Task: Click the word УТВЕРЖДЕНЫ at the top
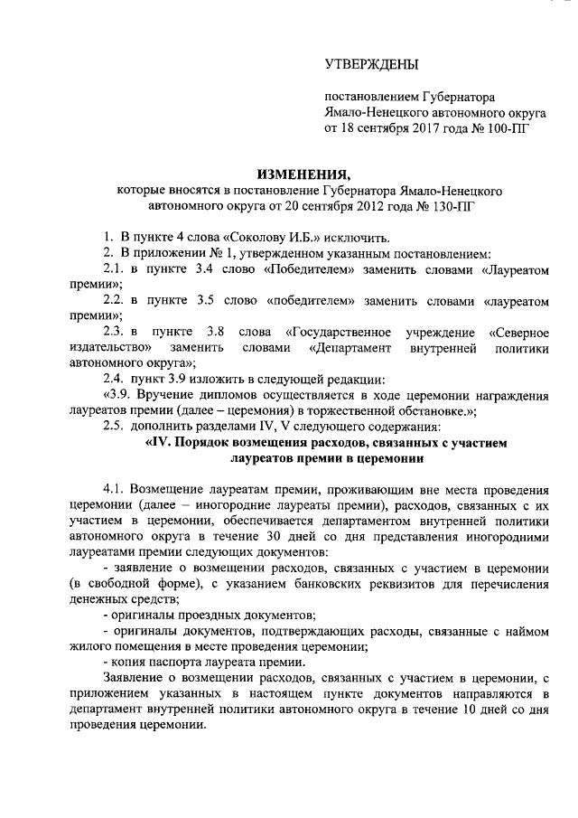pyautogui.click(x=371, y=64)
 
